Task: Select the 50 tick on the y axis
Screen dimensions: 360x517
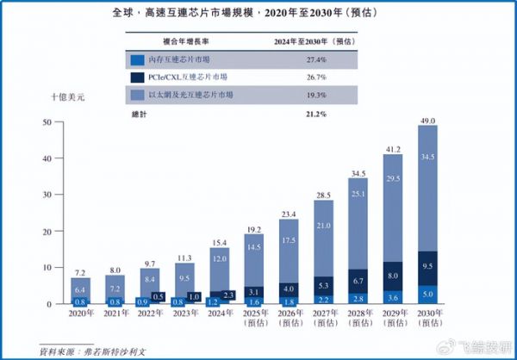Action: pyautogui.click(x=47, y=123)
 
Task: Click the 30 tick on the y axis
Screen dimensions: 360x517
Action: pyautogui.click(x=47, y=196)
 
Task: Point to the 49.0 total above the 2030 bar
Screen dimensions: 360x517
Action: pyautogui.click(x=427, y=118)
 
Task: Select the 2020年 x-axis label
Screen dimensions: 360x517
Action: pyautogui.click(x=79, y=314)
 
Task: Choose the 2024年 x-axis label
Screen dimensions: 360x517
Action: pyautogui.click(x=219, y=314)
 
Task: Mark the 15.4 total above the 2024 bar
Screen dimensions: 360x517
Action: pyautogui.click(x=219, y=241)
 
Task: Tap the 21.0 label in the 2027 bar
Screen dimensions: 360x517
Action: pyautogui.click(x=323, y=225)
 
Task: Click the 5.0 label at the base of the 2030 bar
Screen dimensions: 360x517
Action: pyautogui.click(x=427, y=293)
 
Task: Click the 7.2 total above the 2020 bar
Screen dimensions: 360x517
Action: pyautogui.click(x=79, y=270)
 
